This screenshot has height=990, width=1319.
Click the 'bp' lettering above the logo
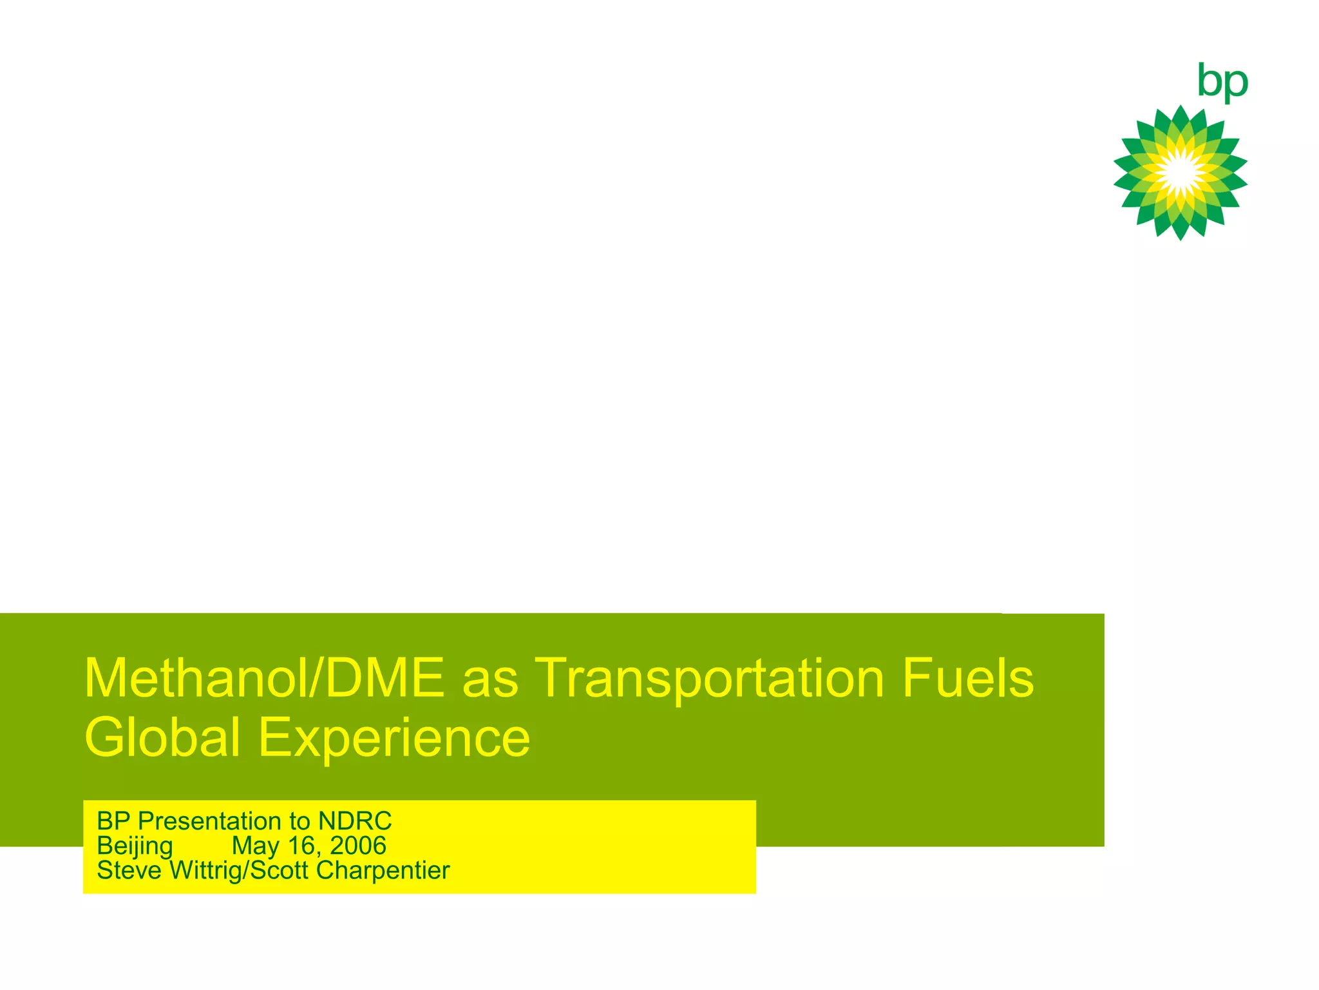1222,82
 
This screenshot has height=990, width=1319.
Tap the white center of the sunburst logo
1181,172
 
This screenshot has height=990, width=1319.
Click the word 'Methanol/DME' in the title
264,678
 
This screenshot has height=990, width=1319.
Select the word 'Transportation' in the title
709,678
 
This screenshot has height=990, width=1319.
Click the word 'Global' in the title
162,737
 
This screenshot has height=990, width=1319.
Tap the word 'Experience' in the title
394,737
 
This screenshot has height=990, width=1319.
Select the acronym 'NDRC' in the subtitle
355,821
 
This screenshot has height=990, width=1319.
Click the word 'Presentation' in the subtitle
209,821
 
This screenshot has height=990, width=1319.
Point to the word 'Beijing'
135,846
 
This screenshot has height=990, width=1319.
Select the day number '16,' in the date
303,846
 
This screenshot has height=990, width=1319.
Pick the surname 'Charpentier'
383,871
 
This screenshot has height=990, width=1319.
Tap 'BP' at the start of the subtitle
114,821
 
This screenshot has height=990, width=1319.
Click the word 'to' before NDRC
299,822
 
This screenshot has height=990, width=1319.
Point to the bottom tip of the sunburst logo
1180,239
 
